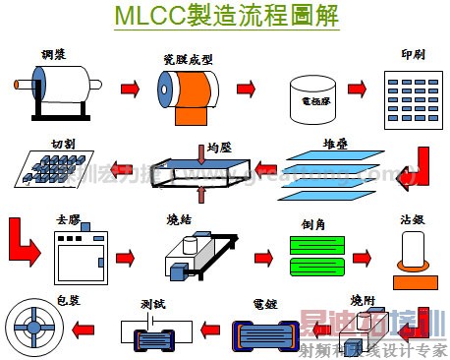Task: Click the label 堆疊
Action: pos(336,144)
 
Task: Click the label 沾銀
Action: pos(412,222)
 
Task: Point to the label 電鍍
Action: pos(266,305)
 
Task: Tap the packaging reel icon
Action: pos(35,329)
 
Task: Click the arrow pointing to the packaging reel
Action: pos(87,329)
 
